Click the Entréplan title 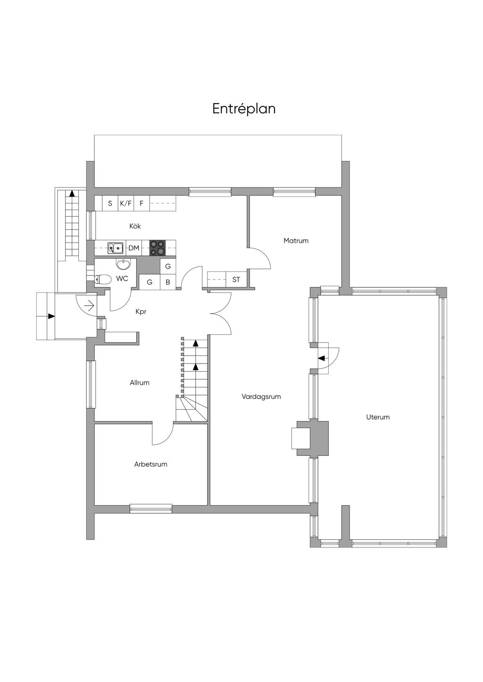pos(244,109)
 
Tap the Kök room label pos(135,226)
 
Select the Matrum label pos(296,241)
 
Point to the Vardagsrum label pos(261,397)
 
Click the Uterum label pos(378,417)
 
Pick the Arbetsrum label pos(150,464)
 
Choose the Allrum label pos(140,383)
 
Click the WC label pos(122,278)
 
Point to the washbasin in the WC pos(123,264)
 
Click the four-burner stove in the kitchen pos(158,248)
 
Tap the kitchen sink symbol pos(115,248)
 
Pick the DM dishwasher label pos(133,248)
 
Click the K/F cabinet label pos(125,203)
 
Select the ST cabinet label pos(236,279)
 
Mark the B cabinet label pos(168,283)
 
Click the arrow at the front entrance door pos(91,305)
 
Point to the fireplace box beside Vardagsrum pos(301,438)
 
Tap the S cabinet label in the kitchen pos(110,203)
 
